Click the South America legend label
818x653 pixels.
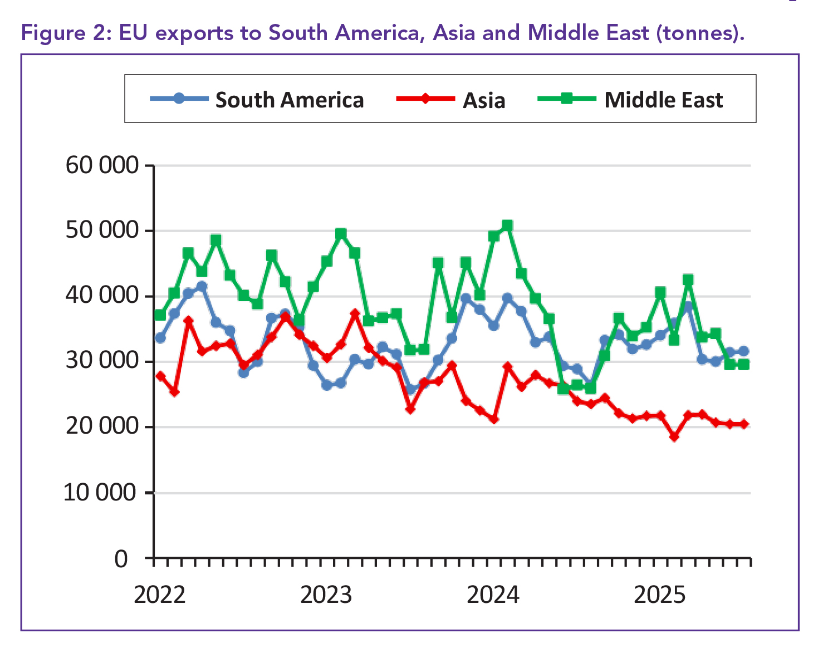click(x=290, y=100)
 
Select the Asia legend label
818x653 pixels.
click(x=484, y=101)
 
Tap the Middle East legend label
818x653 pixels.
click(x=663, y=100)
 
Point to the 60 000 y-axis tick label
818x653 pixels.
click(x=102, y=165)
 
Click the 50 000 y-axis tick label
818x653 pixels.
click(x=102, y=230)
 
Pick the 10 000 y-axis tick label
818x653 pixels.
click(x=100, y=493)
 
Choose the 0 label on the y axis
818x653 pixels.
click(x=121, y=558)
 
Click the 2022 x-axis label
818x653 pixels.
click(x=160, y=595)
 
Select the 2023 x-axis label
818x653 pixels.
click(x=326, y=595)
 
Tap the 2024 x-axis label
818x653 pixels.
click(x=493, y=595)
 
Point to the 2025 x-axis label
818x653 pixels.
click(x=660, y=595)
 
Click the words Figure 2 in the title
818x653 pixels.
click(x=62, y=33)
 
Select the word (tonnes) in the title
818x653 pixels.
click(x=700, y=33)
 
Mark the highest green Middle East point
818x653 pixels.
click(x=507, y=225)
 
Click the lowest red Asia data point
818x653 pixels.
click(x=674, y=437)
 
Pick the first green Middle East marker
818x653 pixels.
click(x=160, y=315)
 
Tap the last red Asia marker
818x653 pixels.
click(x=743, y=424)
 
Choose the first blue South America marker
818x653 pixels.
click(x=160, y=338)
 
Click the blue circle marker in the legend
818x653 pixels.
click(x=178, y=99)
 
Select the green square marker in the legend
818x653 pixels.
click(x=566, y=99)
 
